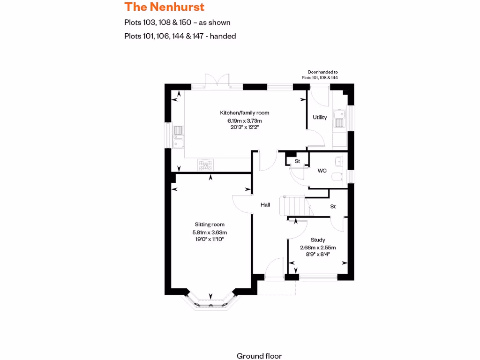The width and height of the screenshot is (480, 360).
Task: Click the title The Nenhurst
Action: click(x=165, y=7)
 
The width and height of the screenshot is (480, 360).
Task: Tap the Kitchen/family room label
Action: click(x=245, y=112)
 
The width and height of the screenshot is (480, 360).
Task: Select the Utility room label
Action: click(x=320, y=117)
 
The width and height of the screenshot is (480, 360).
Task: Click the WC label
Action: click(x=322, y=171)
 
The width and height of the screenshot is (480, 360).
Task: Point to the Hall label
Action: click(x=265, y=204)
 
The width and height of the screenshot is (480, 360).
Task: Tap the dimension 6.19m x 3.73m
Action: click(x=245, y=120)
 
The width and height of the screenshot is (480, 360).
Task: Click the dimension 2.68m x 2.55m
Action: click(x=318, y=247)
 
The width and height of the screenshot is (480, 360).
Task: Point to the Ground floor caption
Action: click(x=259, y=356)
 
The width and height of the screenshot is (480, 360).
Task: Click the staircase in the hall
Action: click(x=292, y=206)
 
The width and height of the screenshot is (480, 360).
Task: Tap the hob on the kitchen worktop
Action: click(x=205, y=164)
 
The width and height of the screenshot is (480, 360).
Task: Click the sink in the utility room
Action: click(x=339, y=118)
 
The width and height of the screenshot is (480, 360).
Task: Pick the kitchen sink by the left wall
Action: click(x=178, y=137)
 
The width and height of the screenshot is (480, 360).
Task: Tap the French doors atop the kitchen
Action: click(x=217, y=81)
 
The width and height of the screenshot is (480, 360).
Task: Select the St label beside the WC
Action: click(x=297, y=161)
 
